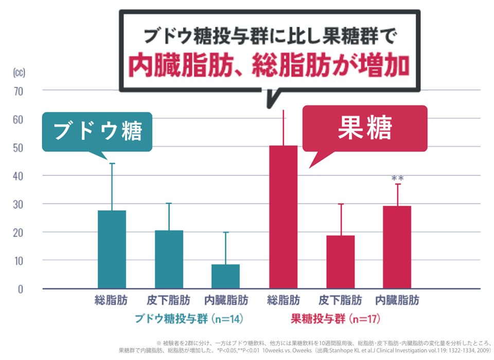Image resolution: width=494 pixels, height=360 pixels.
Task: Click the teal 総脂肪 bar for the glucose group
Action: [x=112, y=249]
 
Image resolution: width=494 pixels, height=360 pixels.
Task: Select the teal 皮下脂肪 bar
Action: [x=169, y=259]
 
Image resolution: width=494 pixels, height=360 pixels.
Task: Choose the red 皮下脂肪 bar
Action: [x=340, y=262]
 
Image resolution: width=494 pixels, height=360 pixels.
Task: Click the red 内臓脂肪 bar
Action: [x=397, y=247]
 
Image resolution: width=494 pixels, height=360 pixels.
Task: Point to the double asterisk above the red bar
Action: [x=397, y=178]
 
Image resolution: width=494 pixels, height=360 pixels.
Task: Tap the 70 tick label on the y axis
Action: [x=19, y=91]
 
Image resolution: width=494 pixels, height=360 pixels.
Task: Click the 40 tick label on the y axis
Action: [x=19, y=176]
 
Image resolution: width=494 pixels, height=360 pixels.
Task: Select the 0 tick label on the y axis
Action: [x=21, y=289]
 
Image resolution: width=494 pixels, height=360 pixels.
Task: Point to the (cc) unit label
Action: [x=19, y=72]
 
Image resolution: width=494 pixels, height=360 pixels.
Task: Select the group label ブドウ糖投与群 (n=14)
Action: [x=188, y=319]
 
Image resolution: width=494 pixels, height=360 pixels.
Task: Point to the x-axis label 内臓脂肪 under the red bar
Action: [x=397, y=300]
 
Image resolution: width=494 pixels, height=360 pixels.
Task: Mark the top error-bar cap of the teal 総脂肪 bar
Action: [x=112, y=164]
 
